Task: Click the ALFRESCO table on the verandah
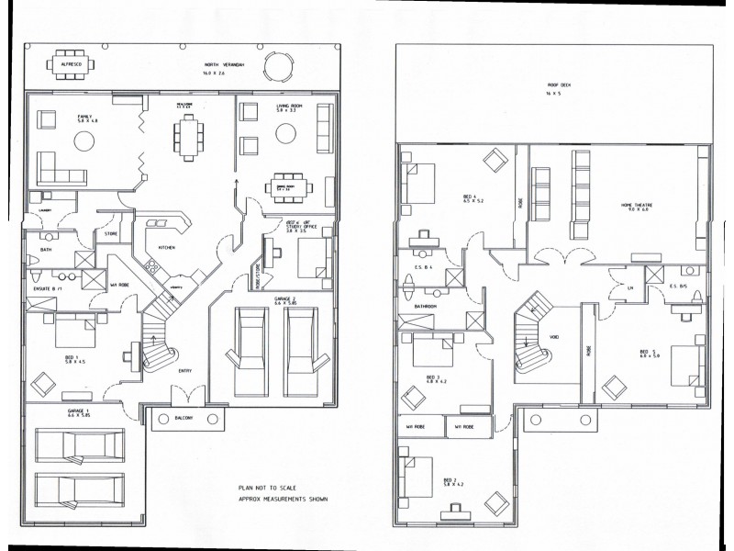point(67,66)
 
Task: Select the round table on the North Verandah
point(277,66)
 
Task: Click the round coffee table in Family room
point(84,141)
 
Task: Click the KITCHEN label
point(167,248)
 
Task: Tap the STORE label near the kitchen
point(111,233)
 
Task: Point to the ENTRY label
point(184,372)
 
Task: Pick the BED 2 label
point(449,479)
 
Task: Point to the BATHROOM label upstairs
point(425,307)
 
